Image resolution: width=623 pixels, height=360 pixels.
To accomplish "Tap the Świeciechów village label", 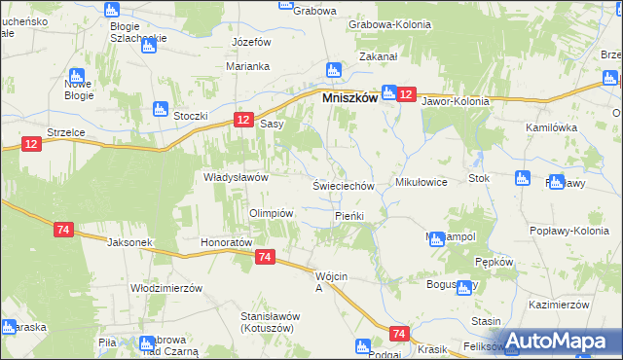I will [343, 186].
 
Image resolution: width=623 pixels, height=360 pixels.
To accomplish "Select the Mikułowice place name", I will [421, 182].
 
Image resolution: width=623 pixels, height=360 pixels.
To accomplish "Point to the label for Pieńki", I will [348, 215].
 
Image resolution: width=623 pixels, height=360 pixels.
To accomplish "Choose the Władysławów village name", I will [235, 177].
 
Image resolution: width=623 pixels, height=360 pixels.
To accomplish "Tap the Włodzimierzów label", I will [165, 288].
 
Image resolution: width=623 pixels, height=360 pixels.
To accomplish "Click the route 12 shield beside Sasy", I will [243, 119].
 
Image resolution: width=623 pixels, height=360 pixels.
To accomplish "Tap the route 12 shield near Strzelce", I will [32, 144].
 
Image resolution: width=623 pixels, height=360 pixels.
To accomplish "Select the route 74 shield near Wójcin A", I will [265, 257].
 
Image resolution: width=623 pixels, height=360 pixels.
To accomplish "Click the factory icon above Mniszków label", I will [333, 70].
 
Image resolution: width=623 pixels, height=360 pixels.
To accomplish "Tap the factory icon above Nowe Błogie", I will [76, 76].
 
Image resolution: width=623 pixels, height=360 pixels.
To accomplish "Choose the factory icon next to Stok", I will [521, 179].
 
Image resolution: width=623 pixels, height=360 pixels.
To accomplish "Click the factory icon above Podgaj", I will [364, 345].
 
